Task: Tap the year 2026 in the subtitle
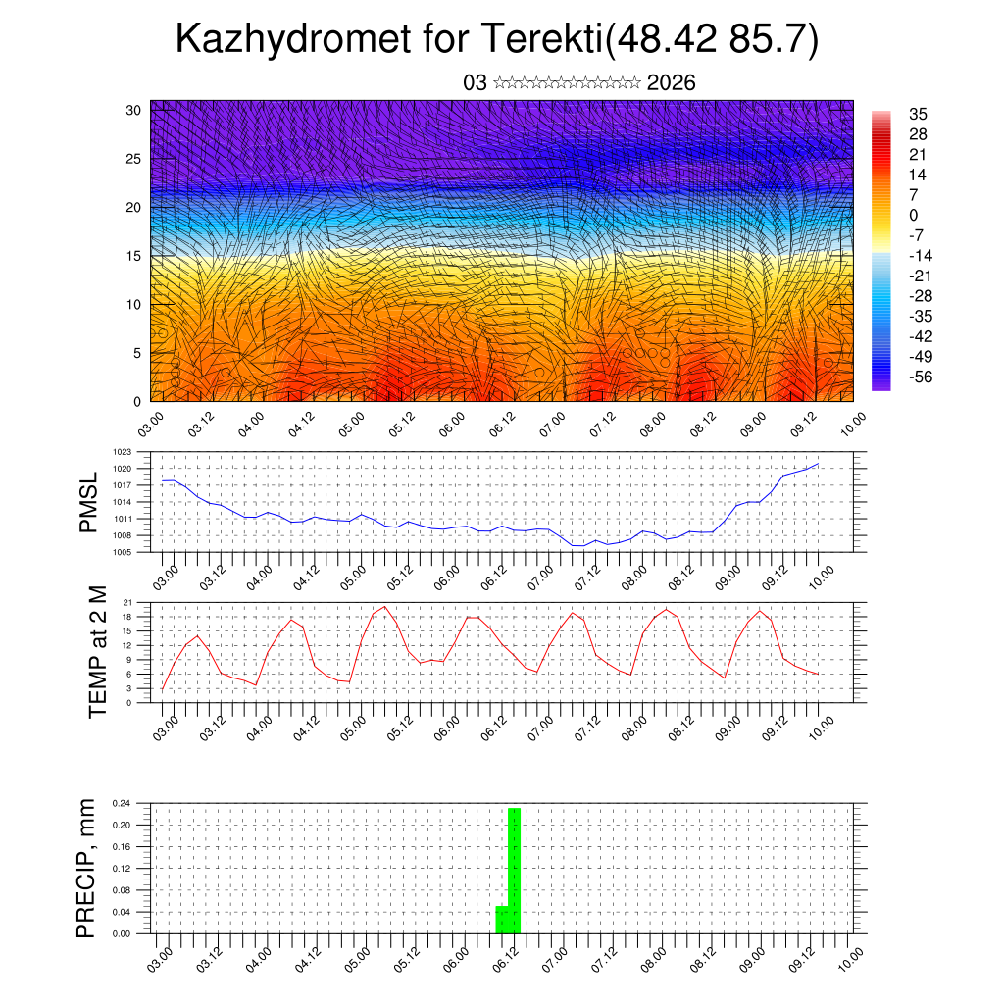(672, 83)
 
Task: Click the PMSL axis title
(90, 502)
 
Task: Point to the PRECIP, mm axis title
(88, 868)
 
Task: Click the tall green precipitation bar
(515, 871)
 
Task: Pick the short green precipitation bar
(501, 920)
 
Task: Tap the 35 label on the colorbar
(919, 114)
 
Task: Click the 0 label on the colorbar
(914, 215)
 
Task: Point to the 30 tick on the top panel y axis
(132, 110)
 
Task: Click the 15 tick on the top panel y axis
(132, 256)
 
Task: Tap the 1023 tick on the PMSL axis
(122, 452)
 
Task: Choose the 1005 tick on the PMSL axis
(122, 552)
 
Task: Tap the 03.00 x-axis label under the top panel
(153, 424)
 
